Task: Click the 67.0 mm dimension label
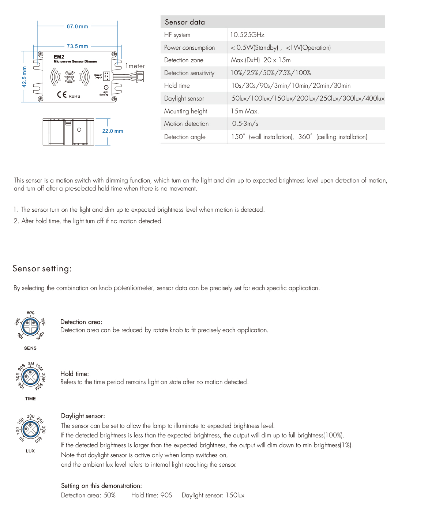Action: pos(77,26)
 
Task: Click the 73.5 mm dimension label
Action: pos(77,46)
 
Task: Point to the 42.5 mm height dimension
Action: pos(25,76)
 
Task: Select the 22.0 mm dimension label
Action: pos(113,131)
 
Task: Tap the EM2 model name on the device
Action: pos(59,57)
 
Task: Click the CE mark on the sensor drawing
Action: pos(62,95)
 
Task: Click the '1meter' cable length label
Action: pos(135,66)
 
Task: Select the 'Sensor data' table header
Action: pos(185,22)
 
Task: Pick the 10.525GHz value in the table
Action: pos(247,35)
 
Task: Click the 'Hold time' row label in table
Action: pos(177,86)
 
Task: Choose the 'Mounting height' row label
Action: pos(185,111)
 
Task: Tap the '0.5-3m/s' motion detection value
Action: pos(245,124)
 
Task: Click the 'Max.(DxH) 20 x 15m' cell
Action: pos(261,60)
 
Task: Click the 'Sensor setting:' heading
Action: pos(42,268)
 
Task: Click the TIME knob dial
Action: pos(30,377)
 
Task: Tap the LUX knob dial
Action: pos(30,429)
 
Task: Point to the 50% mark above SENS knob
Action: pos(31,313)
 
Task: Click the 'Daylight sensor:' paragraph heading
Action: pos(83,416)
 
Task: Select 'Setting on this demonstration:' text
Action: pos(101,486)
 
